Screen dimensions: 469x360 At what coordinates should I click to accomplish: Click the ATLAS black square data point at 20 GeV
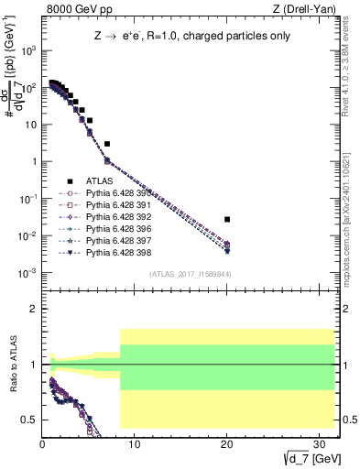[x=227, y=220]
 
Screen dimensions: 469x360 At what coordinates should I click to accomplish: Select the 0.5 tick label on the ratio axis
[x=28, y=420]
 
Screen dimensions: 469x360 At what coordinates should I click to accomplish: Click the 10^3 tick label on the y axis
[x=27, y=50]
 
